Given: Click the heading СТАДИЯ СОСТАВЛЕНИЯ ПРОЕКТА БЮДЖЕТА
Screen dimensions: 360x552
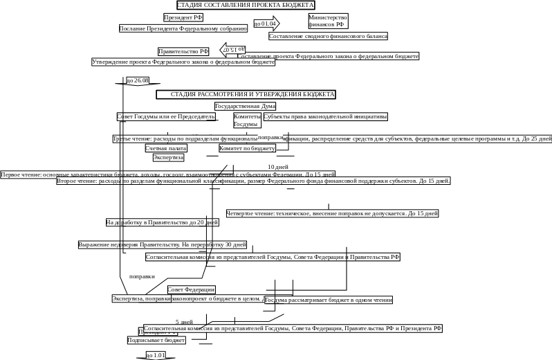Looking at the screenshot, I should coord(246,5).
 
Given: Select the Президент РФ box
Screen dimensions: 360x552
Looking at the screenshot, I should coord(183,17).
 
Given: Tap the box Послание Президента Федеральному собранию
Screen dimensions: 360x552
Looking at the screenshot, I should coord(183,28).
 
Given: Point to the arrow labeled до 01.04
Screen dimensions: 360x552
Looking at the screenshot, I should coord(266,24).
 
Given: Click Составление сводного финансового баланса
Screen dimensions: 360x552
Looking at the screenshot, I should coord(328,36).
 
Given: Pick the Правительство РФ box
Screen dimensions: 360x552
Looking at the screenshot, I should coord(183,51).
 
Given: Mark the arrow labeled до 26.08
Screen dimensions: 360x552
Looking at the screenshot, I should coord(138,81).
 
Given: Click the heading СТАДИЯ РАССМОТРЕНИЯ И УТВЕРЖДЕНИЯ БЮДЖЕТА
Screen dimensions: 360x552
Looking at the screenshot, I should coord(246,94).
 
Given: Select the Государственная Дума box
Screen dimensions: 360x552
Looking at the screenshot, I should coord(245,106).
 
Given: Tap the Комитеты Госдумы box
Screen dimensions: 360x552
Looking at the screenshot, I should coord(247,120).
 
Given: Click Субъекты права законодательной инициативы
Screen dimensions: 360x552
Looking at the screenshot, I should coord(325,117).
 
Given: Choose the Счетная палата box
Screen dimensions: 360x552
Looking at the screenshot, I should coord(166,148).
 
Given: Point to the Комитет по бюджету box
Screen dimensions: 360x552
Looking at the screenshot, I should coord(248,148).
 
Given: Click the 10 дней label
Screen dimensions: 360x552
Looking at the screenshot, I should coord(278,167).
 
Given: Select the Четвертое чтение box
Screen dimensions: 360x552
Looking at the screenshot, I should coord(332,213).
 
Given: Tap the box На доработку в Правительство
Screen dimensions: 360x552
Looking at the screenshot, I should coord(163,222).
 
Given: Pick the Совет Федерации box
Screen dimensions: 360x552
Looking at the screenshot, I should coord(192,289).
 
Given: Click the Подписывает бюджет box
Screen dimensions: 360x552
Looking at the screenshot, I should coord(157,340).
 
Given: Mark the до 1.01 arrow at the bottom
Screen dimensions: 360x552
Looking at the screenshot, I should coord(155,355).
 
